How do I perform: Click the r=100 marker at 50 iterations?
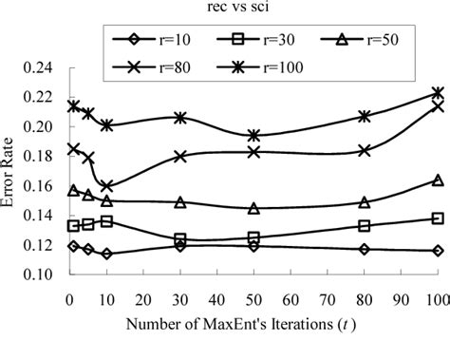coord(253,136)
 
